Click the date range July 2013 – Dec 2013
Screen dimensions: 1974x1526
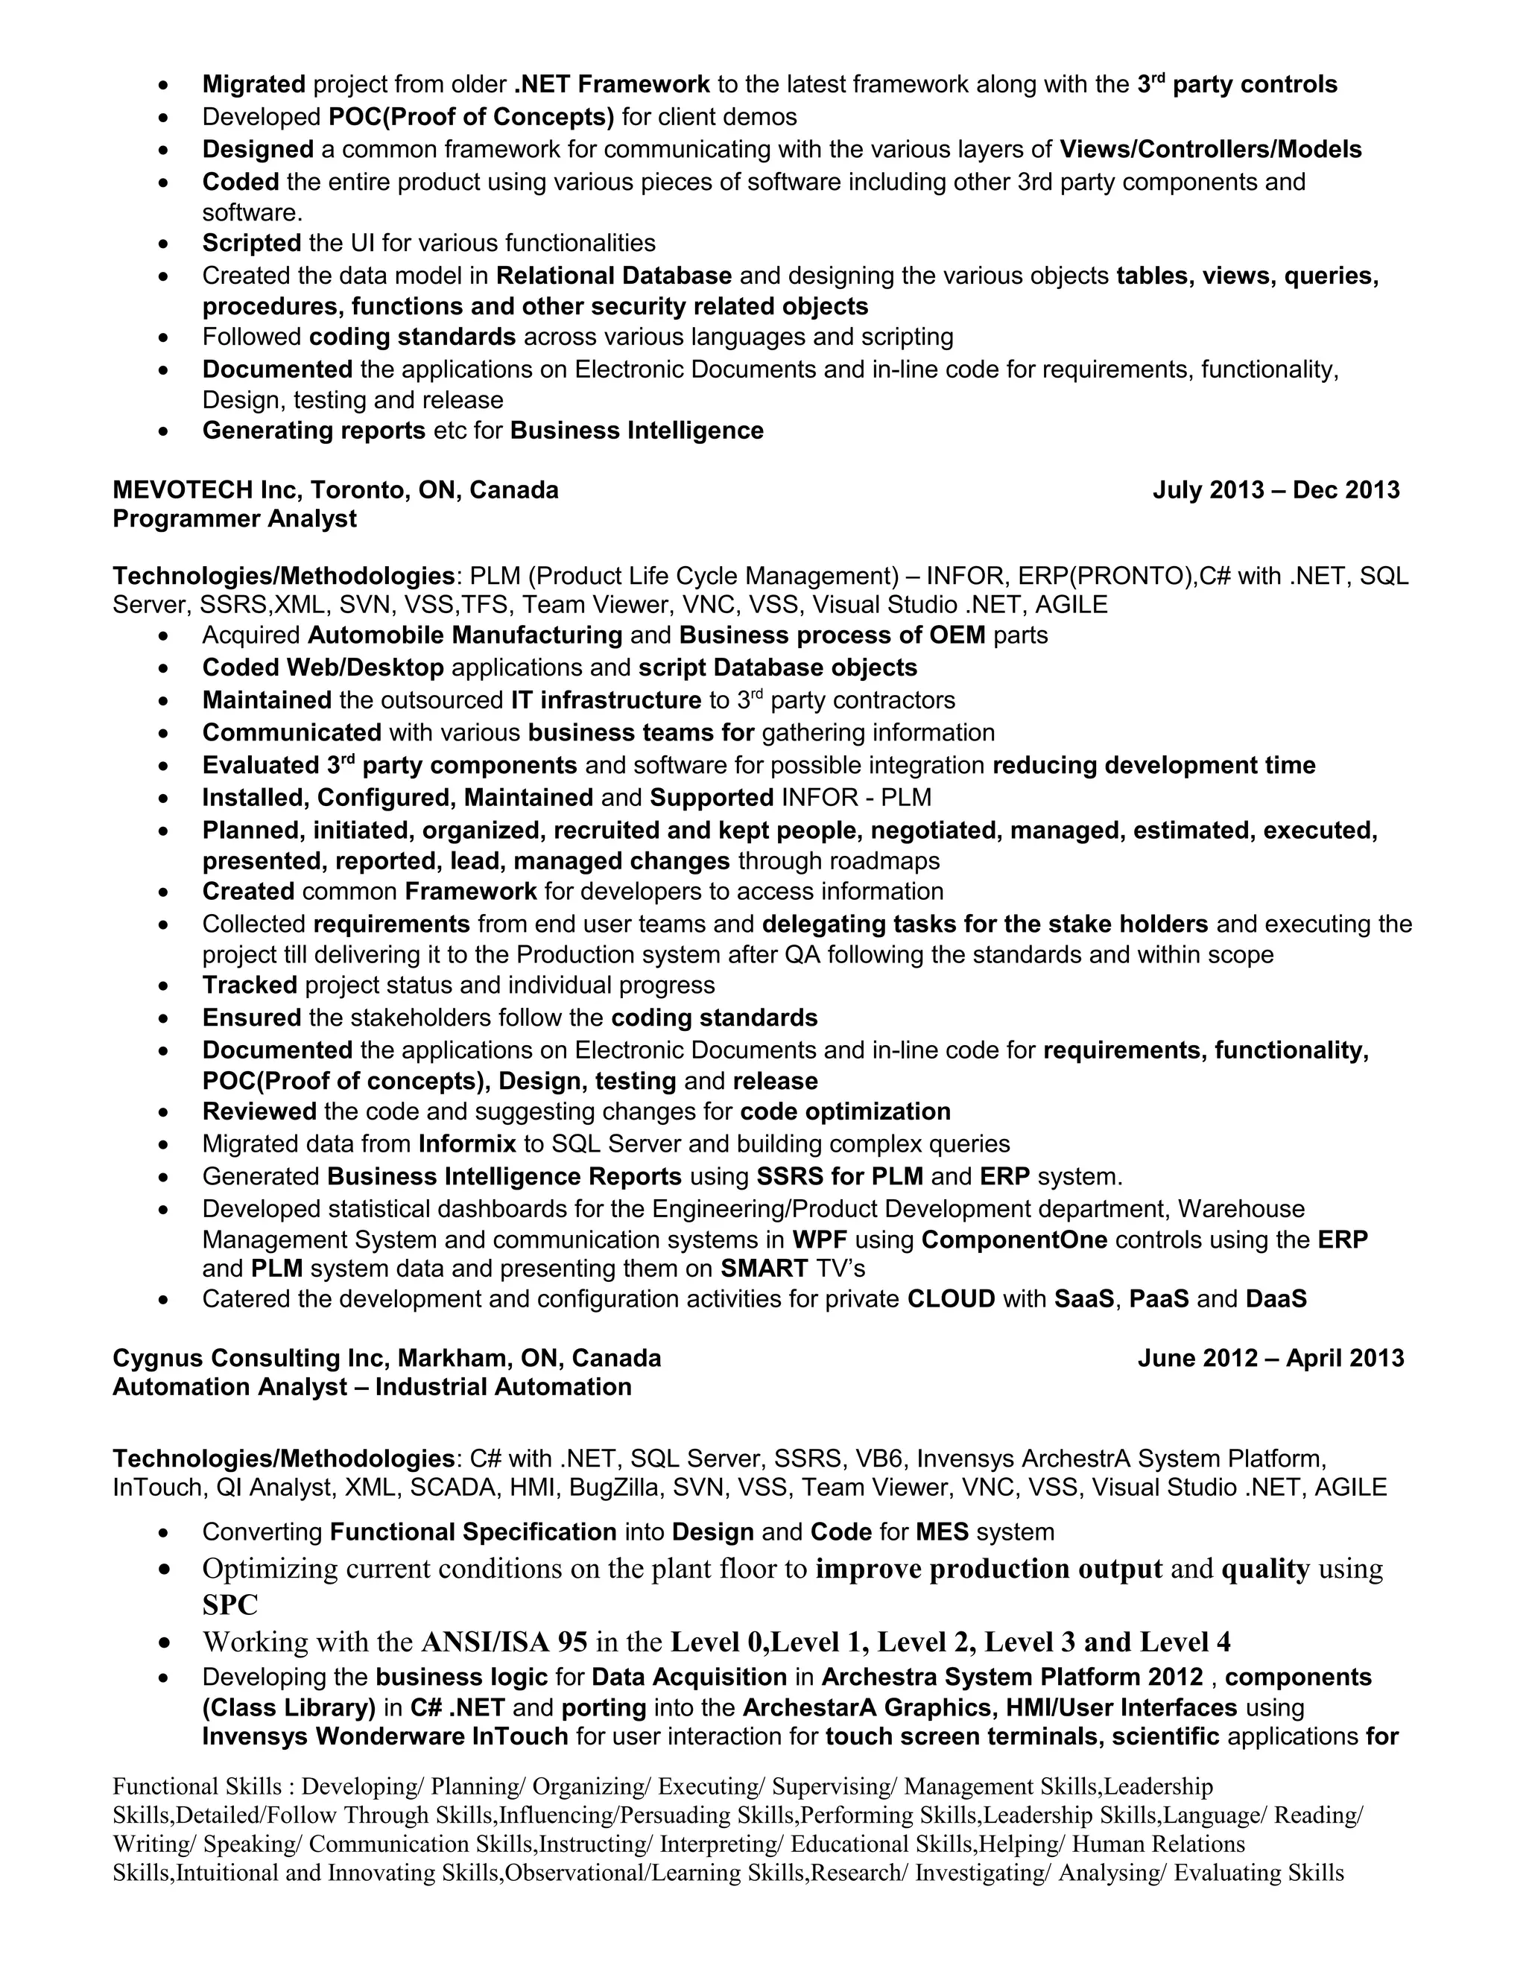[1276, 490]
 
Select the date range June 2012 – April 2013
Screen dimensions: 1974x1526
[1270, 1357]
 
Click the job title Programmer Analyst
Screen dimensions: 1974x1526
[234, 518]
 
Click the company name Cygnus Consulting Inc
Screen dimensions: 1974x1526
[250, 1357]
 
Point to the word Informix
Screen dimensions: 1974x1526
[466, 1143]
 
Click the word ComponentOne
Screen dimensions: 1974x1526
[1013, 1240]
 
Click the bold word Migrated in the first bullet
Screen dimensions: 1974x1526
[254, 84]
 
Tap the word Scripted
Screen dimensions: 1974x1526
[251, 242]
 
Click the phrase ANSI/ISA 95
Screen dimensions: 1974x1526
[504, 1641]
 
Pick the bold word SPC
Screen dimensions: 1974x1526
[229, 1605]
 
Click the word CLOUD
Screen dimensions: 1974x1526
[950, 1299]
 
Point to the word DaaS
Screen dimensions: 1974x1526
[1276, 1299]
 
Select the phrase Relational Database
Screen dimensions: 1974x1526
[614, 275]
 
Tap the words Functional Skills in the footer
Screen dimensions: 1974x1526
[197, 1786]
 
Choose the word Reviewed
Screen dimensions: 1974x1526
[259, 1111]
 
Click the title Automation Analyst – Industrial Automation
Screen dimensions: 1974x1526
[372, 1386]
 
